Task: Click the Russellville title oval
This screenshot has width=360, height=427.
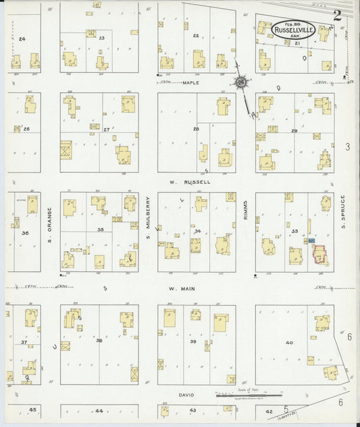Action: point(293,29)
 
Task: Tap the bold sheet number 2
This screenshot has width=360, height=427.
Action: point(336,16)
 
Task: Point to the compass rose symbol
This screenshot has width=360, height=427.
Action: point(240,82)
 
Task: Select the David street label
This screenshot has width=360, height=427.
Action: point(186,395)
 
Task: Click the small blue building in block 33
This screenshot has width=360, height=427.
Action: point(312,240)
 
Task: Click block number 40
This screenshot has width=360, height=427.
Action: point(289,344)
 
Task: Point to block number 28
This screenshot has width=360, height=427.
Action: point(196,128)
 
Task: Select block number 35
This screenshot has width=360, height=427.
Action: point(99,230)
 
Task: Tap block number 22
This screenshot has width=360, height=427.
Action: point(196,36)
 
